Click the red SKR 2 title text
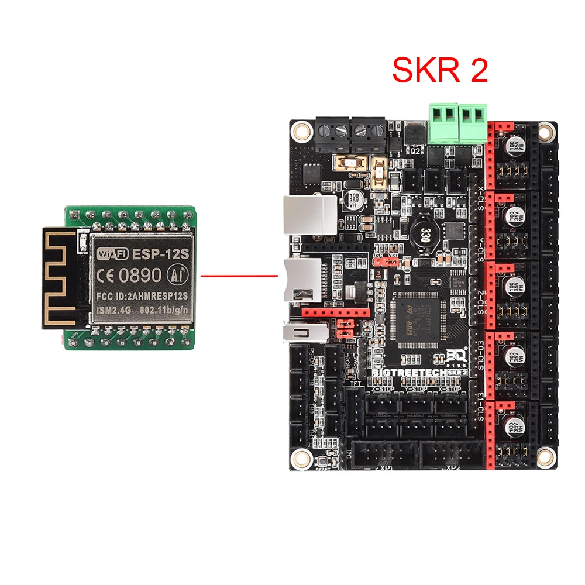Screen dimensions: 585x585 click(x=439, y=71)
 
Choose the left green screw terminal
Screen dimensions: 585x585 click(x=442, y=123)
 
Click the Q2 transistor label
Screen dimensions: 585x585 click(x=416, y=150)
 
